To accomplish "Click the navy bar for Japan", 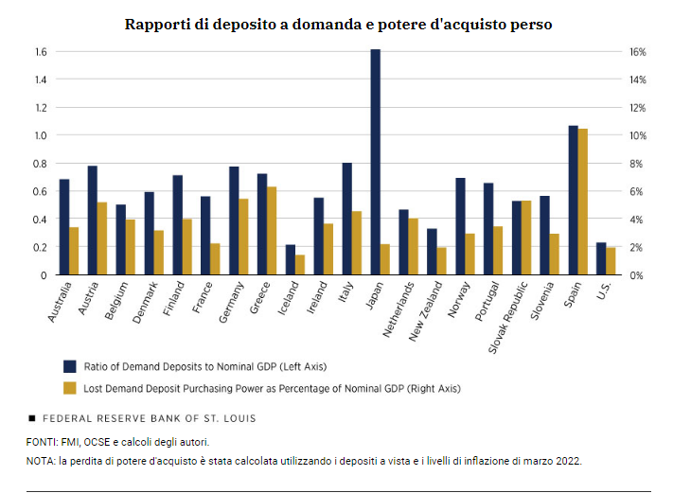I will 375,162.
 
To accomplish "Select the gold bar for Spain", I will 583,202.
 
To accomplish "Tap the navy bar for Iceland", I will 290,259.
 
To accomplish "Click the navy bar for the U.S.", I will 601,258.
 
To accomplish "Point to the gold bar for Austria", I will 102,238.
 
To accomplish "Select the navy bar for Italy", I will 346,219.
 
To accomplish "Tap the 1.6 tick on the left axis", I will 41,51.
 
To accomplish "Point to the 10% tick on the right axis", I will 638,135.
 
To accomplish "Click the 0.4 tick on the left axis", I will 41,220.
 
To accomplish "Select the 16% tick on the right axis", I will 638,51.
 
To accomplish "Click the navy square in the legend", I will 69,365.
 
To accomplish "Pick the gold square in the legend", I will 69,387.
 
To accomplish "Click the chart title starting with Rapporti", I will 338,24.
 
